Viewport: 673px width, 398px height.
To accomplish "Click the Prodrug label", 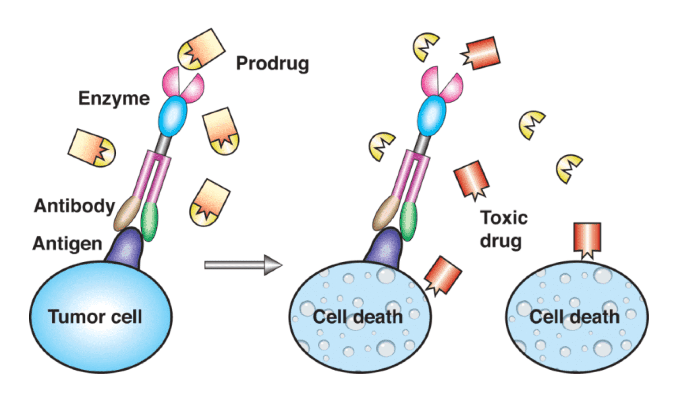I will tap(272, 63).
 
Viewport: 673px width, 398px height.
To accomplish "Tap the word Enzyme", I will tap(114, 98).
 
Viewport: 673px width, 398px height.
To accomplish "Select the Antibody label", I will tap(74, 206).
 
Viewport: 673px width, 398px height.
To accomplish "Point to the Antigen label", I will tap(67, 243).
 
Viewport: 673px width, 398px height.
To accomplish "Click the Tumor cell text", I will tap(95, 316).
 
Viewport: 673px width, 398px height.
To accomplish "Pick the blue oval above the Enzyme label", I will tap(172, 116).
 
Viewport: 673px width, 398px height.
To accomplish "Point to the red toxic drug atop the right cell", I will tap(587, 238).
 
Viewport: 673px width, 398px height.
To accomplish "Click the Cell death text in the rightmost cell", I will tap(574, 316).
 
